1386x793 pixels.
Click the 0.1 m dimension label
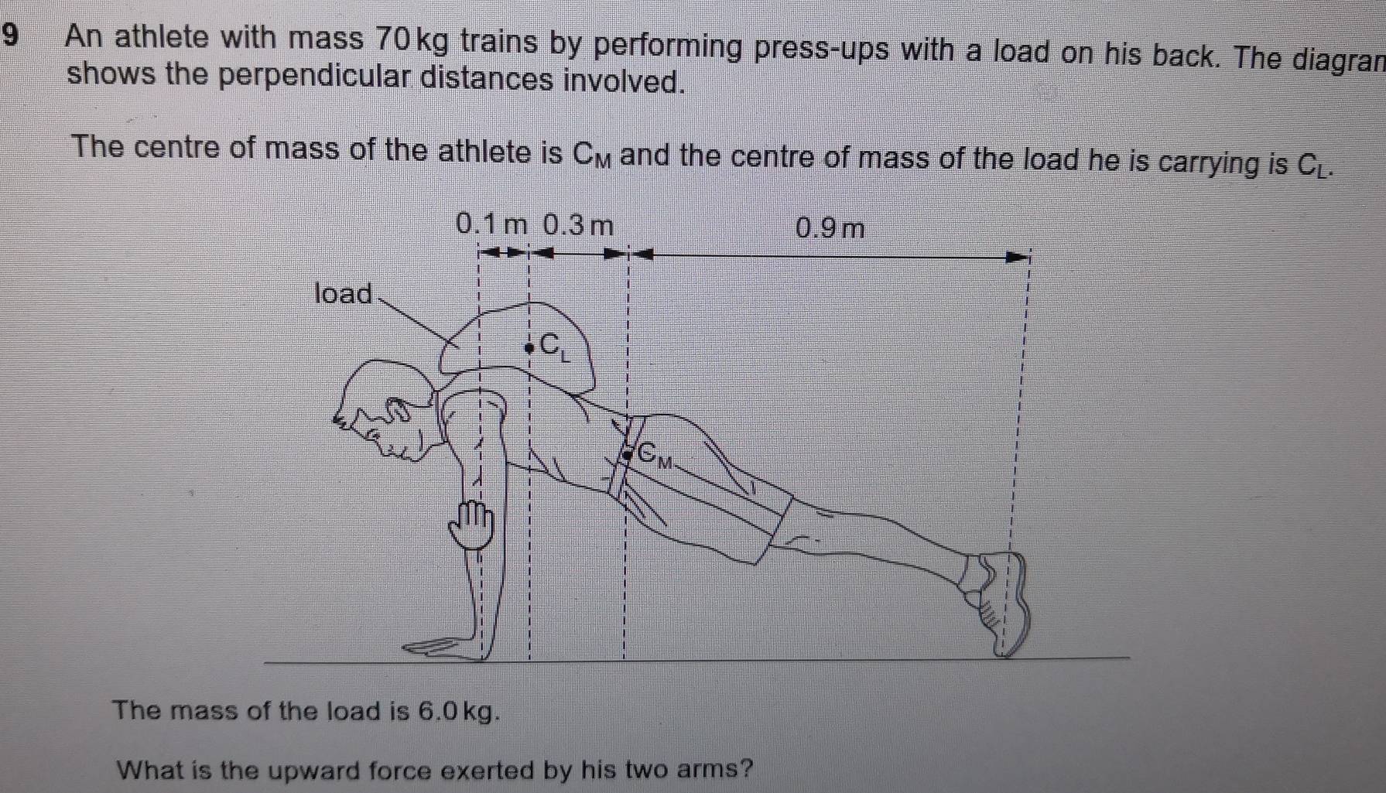(491, 225)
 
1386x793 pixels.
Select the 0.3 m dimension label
(578, 226)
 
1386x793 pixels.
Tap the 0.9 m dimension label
(829, 229)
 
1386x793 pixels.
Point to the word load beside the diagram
(344, 294)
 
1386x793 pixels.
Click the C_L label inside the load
(554, 346)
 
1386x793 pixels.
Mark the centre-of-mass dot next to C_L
(529, 348)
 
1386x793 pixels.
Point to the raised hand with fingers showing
(472, 525)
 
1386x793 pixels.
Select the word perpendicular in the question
(319, 77)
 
